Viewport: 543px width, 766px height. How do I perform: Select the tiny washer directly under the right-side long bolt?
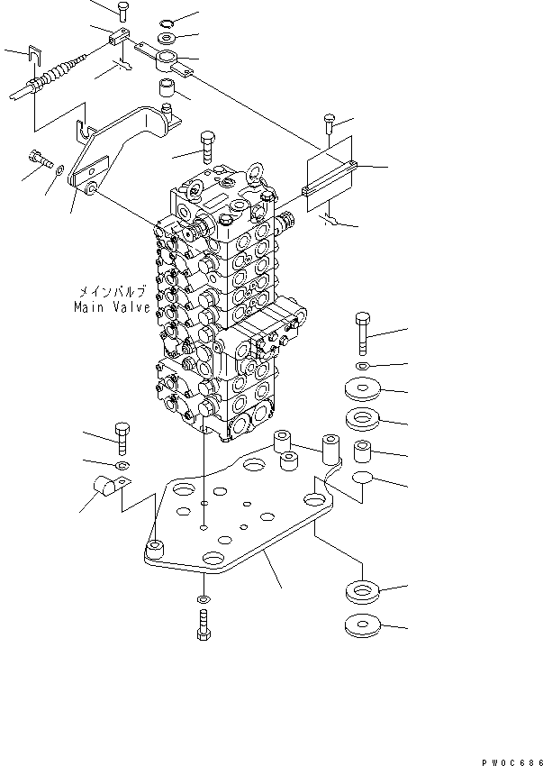click(x=361, y=367)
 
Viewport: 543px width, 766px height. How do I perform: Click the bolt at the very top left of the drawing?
click(x=122, y=10)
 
